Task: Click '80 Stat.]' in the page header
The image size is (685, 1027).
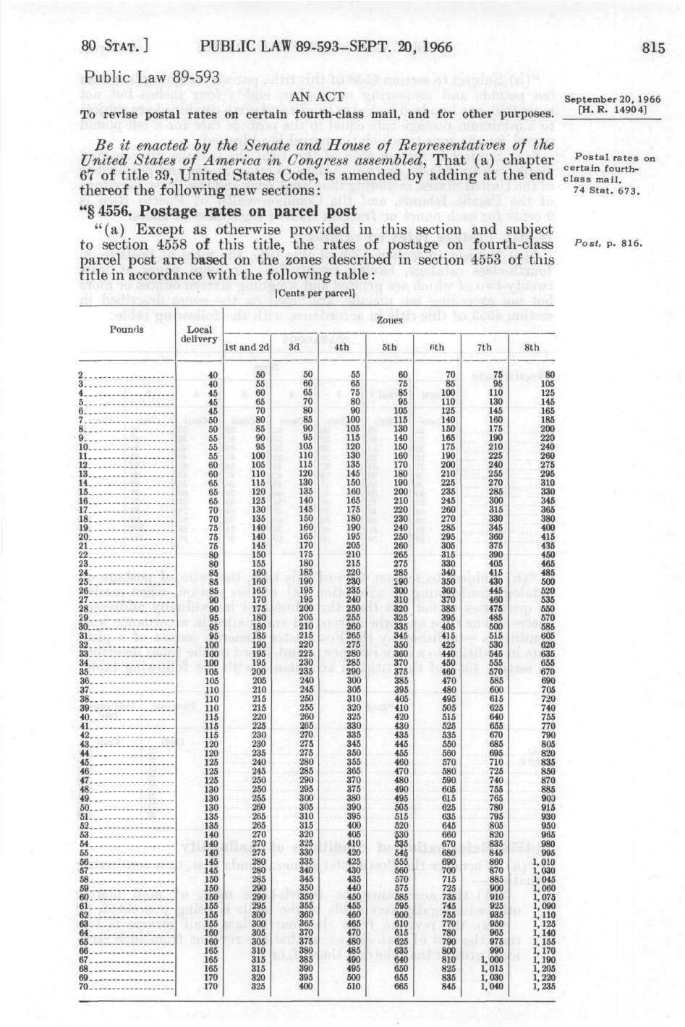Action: (114, 48)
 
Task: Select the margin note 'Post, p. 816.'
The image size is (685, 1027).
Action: (614, 244)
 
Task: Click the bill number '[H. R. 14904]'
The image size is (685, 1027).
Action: (614, 109)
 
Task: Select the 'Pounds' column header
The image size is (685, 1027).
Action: (127, 329)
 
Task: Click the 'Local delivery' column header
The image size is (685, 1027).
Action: (199, 334)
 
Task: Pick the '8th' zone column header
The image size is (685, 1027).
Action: (532, 347)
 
